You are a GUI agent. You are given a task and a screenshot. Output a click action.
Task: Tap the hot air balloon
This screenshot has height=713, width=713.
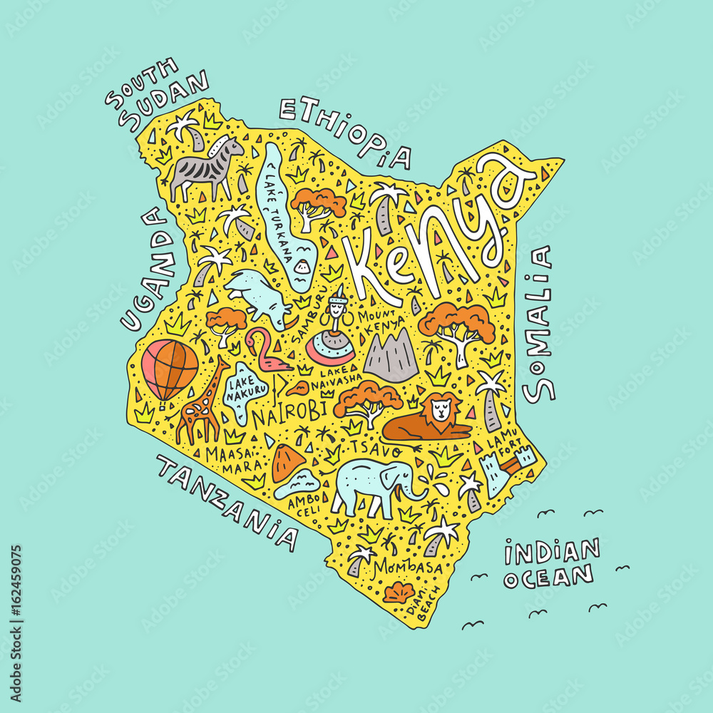(170, 368)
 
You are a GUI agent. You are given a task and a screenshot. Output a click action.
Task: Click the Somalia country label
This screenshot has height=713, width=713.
(539, 322)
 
